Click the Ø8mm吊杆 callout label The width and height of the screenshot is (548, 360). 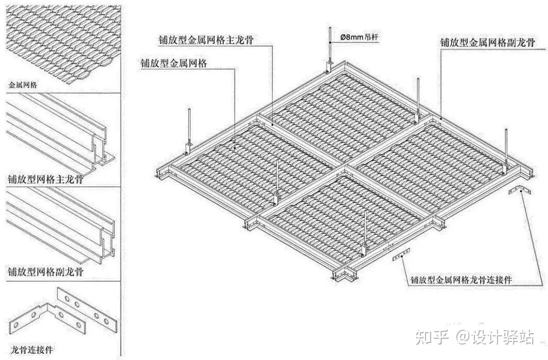[x=359, y=37]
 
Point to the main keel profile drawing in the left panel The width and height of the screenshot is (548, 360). [x=59, y=134]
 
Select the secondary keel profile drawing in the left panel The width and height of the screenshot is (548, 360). [x=59, y=227]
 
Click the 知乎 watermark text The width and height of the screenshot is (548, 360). [x=431, y=337]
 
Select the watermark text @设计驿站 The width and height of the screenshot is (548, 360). [x=495, y=337]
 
